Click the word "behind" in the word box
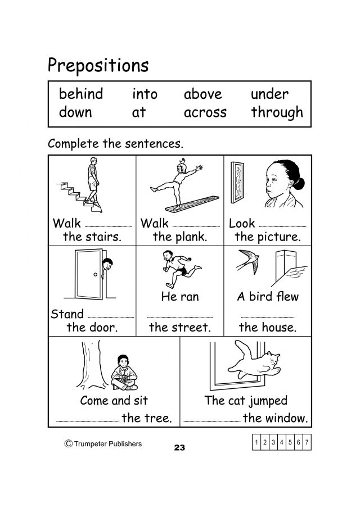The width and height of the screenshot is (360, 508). tap(81, 94)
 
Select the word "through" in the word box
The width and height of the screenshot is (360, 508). tap(277, 112)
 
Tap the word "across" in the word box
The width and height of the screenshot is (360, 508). tap(205, 113)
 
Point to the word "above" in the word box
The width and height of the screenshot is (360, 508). tap(202, 94)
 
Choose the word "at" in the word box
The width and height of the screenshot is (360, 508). tap(139, 112)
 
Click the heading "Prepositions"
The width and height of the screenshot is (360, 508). tap(98, 66)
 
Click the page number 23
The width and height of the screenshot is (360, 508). tap(179, 447)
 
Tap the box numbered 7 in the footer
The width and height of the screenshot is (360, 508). tap(307, 442)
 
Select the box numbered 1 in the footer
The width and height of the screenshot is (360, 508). tap(256, 442)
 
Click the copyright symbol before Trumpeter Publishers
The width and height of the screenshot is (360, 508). tap(68, 443)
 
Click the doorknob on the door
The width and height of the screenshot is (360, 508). tap(96, 274)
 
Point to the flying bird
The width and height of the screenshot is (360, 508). tap(248, 261)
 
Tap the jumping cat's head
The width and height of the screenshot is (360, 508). tap(272, 359)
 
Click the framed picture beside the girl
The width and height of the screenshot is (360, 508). tap(237, 183)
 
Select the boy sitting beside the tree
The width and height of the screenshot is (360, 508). tap(124, 373)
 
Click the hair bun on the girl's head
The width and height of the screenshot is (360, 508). tap(299, 183)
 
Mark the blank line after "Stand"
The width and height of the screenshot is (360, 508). tap(111, 317)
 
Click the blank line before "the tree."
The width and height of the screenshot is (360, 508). tap(88, 421)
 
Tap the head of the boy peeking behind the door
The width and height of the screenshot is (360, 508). tap(107, 264)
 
